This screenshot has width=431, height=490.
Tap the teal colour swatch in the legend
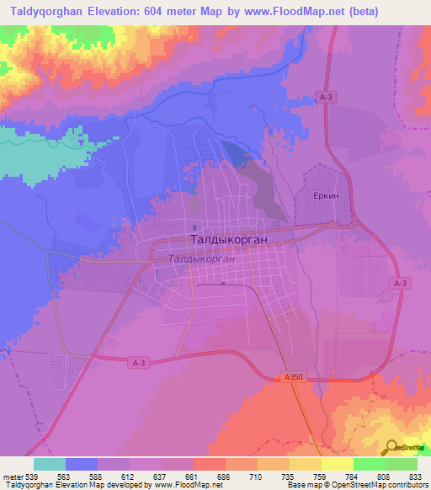[49, 463]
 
